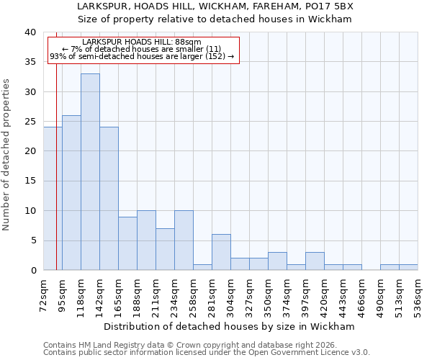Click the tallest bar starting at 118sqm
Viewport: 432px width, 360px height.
click(x=90, y=172)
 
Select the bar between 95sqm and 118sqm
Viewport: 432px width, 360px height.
click(x=71, y=193)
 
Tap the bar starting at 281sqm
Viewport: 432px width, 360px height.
click(x=221, y=252)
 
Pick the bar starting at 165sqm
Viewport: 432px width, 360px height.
click(x=127, y=243)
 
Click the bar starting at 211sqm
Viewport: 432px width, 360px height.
click(x=165, y=249)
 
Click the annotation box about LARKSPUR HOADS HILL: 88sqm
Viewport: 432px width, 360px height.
click(x=143, y=50)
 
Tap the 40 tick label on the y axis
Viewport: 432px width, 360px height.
click(x=30, y=32)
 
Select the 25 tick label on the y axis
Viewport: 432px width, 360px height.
click(x=30, y=122)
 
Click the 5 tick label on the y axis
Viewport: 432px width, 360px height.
click(x=32, y=240)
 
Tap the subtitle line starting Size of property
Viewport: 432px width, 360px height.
click(x=215, y=19)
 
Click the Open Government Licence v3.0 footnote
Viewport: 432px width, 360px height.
click(x=207, y=353)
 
